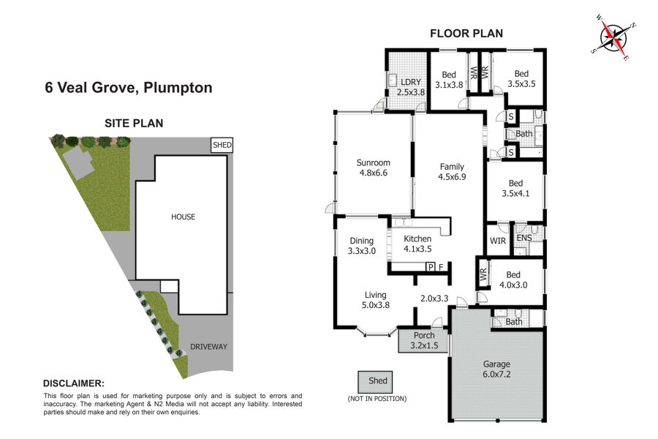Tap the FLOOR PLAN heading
pos(466,34)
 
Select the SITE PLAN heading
pos(134,123)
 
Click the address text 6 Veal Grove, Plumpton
pos(129,87)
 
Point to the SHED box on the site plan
pos(222,145)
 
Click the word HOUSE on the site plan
pos(183,217)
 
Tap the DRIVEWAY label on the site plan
pos(208,347)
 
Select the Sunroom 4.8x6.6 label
pos(373,168)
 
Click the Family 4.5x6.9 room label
pos(452,172)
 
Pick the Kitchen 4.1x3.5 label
pos(417,244)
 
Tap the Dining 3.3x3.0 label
pos(362,246)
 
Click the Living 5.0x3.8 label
pos(376,300)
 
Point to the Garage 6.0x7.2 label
pos(496,369)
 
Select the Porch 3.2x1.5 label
pos(424,340)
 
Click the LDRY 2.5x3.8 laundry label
pos(411,87)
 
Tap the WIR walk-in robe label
pos(498,241)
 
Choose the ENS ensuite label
pos(524,238)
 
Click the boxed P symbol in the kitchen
pos(430,267)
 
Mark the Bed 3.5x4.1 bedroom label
pos(515,188)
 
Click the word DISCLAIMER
pos(73,383)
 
